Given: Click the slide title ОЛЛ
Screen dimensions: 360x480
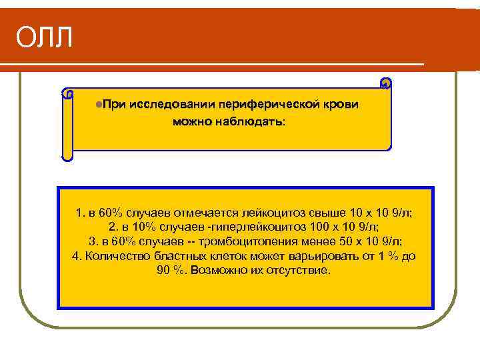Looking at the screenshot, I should (x=44, y=39).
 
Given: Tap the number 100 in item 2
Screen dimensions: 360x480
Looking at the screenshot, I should (x=323, y=227).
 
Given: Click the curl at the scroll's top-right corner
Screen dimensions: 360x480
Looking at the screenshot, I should (x=385, y=83).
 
